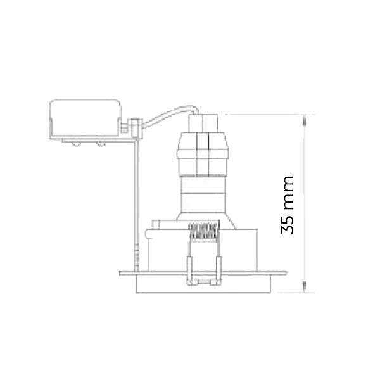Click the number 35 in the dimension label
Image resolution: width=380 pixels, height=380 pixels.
tap(287, 225)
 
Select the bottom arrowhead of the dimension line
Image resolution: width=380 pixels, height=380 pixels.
tap(305, 287)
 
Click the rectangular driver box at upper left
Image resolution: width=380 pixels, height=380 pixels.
tap(85, 119)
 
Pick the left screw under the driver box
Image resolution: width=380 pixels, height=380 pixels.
tap(77, 144)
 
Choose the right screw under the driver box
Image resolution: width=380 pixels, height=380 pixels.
tap(101, 144)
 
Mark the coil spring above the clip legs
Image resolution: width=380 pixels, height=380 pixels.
tap(204, 232)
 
